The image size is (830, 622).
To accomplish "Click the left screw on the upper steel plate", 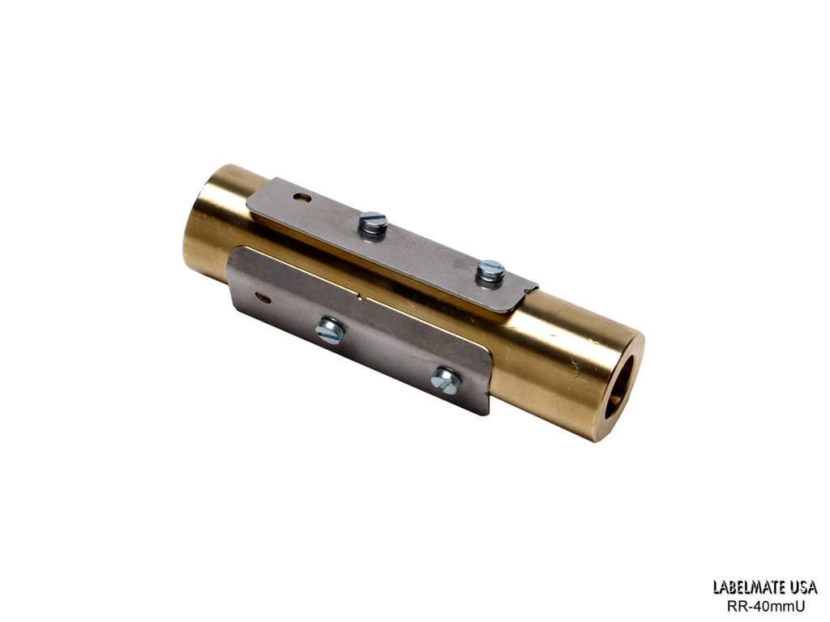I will (372, 224).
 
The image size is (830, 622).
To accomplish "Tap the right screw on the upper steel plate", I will (490, 271).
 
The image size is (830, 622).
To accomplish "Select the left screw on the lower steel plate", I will (330, 330).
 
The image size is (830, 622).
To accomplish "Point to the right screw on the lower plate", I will (446, 379).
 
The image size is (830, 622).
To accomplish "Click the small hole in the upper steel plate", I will (302, 197).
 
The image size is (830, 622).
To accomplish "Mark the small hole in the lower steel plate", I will (262, 297).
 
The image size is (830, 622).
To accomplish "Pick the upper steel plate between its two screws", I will (430, 247).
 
